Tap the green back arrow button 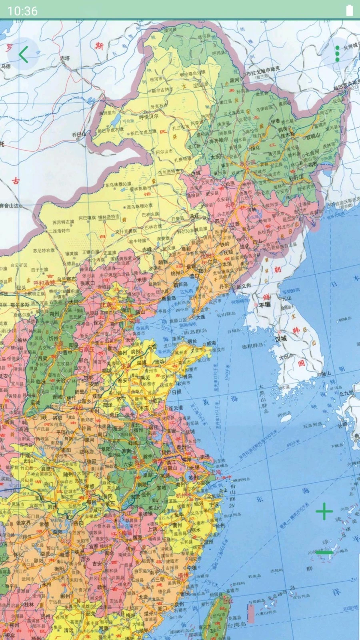(x=23, y=54)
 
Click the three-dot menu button (x=337, y=54)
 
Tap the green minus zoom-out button (x=324, y=552)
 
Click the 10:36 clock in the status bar (x=22, y=11)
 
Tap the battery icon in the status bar (x=349, y=10)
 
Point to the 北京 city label (x=106, y=305)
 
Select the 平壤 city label (x=264, y=304)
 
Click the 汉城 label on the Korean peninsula (x=281, y=339)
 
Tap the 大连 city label (x=200, y=317)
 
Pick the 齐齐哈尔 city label (x=219, y=140)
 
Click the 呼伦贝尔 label (x=148, y=117)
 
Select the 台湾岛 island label (x=236, y=624)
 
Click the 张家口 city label (x=88, y=283)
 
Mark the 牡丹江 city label (x=296, y=178)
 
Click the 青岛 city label (x=187, y=376)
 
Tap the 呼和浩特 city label (x=44, y=282)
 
